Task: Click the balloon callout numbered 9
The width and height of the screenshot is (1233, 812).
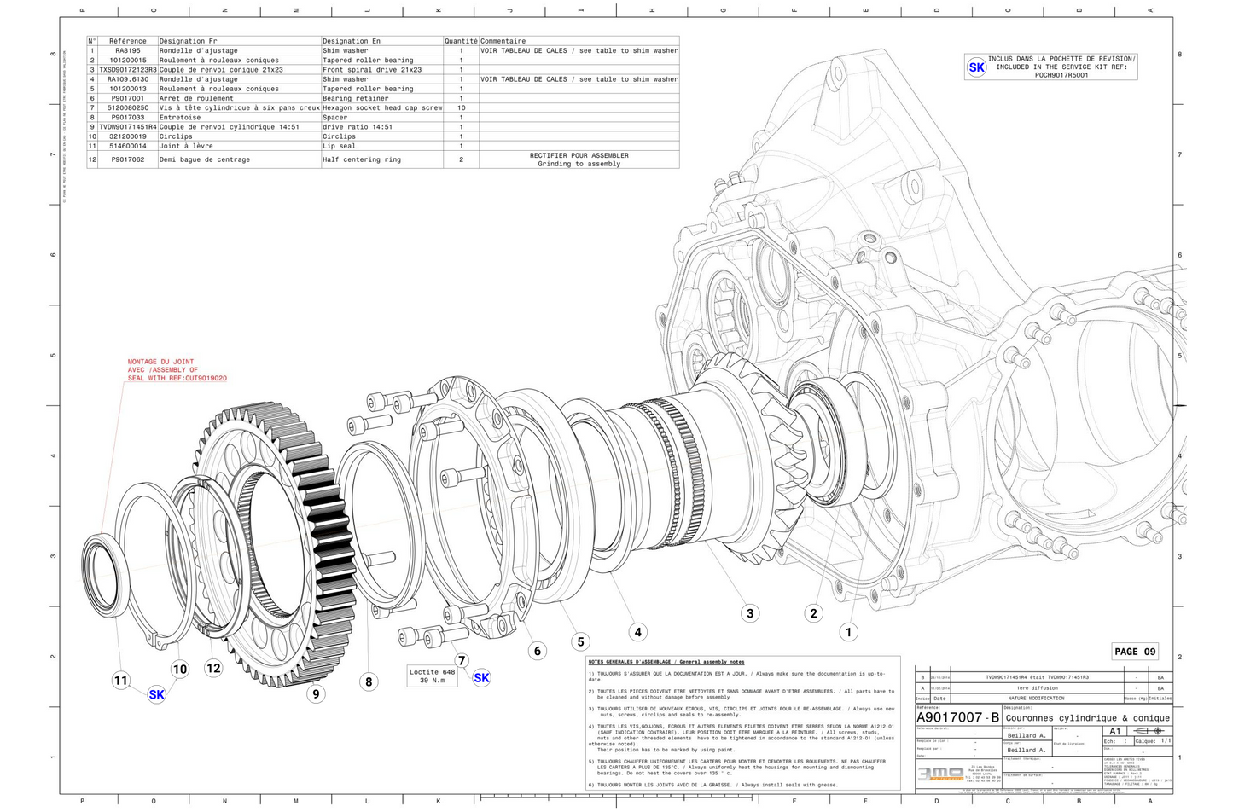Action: [316, 694]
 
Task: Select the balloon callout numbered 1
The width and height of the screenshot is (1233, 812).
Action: [848, 632]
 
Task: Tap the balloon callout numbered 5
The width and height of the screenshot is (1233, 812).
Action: [580, 642]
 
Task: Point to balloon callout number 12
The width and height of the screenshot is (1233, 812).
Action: [213, 668]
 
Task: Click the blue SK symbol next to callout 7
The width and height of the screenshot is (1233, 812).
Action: [481, 678]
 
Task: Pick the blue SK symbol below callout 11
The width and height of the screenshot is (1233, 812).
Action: [156, 694]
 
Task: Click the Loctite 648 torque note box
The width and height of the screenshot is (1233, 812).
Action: [432, 676]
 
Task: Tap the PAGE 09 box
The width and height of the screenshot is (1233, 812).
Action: [1135, 652]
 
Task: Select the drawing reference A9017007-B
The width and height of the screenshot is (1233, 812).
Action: [957, 718]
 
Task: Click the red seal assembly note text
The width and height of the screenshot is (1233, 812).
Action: [177, 370]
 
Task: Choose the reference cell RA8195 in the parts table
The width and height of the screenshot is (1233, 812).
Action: [128, 51]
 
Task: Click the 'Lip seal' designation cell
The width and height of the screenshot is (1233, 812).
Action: [340, 146]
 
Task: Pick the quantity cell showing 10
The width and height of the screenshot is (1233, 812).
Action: [461, 108]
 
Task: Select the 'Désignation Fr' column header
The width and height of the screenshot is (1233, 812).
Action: [189, 41]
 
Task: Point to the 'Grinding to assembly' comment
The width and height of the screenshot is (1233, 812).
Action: [579, 164]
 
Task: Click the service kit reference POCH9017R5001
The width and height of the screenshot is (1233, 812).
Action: [1061, 75]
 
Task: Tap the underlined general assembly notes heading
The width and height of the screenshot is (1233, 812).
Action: [666, 662]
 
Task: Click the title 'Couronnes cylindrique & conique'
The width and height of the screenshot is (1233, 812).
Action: [1087, 718]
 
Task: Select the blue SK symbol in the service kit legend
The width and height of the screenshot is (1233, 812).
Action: [976, 67]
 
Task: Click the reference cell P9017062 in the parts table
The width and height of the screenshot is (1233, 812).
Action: [128, 159]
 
